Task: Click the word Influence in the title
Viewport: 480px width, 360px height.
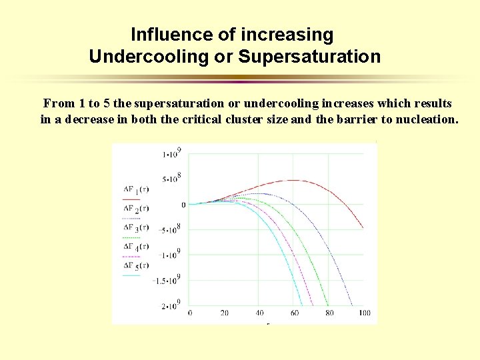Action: [164, 34]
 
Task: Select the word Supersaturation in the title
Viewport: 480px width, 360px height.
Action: [309, 57]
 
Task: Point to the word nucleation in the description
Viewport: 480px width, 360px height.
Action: [426, 120]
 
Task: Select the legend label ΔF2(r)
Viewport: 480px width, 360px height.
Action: [136, 209]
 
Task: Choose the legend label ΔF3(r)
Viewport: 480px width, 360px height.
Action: [136, 229]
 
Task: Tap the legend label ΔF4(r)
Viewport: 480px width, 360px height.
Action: [136, 247]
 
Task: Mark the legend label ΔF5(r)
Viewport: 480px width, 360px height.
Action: [136, 266]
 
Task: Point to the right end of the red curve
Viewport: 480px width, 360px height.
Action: [363, 229]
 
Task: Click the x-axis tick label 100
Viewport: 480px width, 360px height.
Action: [364, 313]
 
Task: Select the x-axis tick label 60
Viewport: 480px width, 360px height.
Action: [294, 313]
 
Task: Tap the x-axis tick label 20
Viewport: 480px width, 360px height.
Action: [224, 313]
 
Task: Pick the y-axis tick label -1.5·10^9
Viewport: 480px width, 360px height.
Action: [167, 280]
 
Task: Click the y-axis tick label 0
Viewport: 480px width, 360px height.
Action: [183, 205]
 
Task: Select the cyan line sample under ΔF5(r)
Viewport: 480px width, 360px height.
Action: [131, 275]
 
